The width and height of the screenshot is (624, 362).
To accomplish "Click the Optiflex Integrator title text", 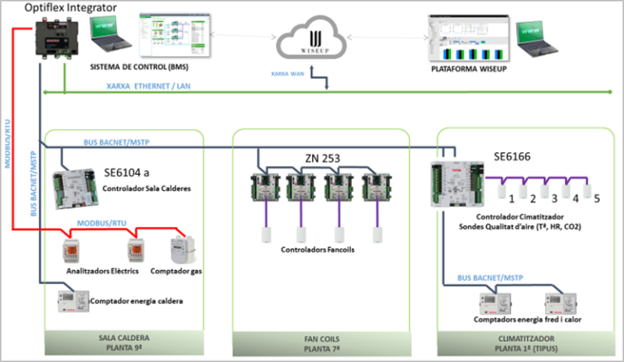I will click(64, 8).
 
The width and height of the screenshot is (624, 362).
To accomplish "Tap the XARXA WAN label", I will click(288, 73).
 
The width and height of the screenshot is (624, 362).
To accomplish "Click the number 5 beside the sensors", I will click(596, 198).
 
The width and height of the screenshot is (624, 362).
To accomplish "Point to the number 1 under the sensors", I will click(511, 198).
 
